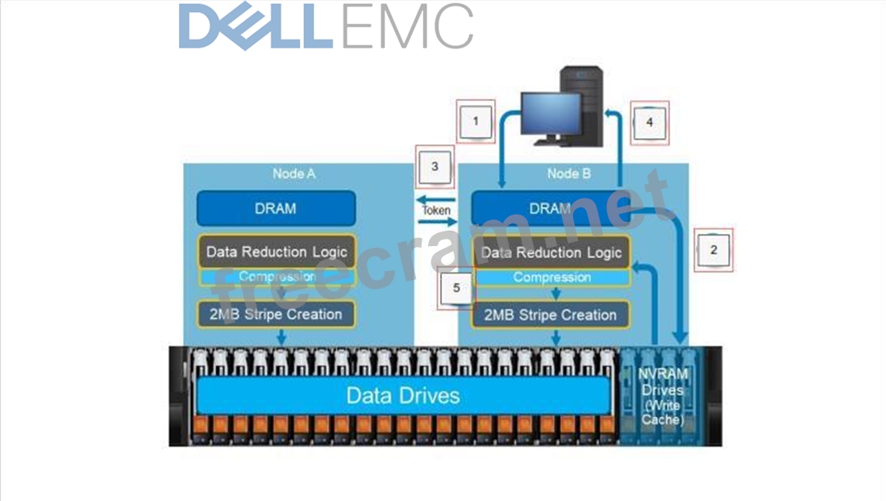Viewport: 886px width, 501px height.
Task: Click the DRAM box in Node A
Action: coord(276,208)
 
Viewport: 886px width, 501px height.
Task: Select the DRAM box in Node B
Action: coord(550,208)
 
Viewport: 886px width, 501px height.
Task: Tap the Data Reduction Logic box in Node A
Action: coord(276,252)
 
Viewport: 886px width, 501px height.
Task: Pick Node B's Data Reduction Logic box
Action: coord(551,253)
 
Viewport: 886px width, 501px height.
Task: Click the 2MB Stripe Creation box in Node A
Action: coord(276,314)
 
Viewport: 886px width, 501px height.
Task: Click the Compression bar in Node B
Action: coord(551,278)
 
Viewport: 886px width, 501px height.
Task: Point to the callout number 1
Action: coord(476,122)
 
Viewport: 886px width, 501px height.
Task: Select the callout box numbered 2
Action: coord(713,249)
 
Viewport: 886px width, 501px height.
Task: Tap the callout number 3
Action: coord(435,167)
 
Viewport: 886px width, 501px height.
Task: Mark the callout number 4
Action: coord(650,123)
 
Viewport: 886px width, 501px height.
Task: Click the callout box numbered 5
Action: coord(457,287)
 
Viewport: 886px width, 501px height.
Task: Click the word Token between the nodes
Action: coord(436,211)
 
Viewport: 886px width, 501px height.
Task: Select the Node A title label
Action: coord(293,173)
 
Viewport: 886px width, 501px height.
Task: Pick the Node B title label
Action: coord(568,173)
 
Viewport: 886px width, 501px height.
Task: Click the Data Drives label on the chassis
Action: coord(403,395)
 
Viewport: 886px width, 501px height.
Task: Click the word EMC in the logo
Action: coord(407,27)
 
